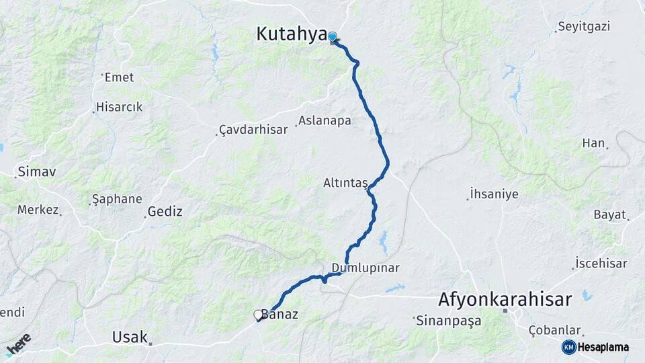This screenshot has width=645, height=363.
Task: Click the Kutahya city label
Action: click(x=291, y=34)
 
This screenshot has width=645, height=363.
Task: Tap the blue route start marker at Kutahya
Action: click(x=332, y=37)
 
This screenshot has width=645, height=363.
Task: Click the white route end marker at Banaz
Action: click(x=258, y=314)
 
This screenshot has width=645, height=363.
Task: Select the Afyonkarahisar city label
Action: click(x=505, y=298)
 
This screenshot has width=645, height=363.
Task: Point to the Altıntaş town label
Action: click(x=345, y=183)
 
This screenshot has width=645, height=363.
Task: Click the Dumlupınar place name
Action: click(x=365, y=268)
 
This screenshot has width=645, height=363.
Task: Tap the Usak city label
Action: click(x=130, y=336)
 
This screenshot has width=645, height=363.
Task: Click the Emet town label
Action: click(x=119, y=77)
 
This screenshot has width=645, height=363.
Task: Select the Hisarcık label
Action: click(x=119, y=107)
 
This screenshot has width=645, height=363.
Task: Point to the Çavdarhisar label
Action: click(x=253, y=129)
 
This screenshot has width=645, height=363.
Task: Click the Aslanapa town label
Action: click(x=325, y=121)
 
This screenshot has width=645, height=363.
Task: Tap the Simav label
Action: click(x=37, y=171)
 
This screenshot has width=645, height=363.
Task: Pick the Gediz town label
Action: click(x=163, y=211)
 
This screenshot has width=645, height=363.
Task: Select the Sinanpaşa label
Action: click(x=448, y=320)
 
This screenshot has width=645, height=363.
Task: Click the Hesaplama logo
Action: click(x=596, y=347)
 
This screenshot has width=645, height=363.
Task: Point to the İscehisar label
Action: click(x=601, y=264)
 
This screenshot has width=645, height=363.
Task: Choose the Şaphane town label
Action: click(x=116, y=199)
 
